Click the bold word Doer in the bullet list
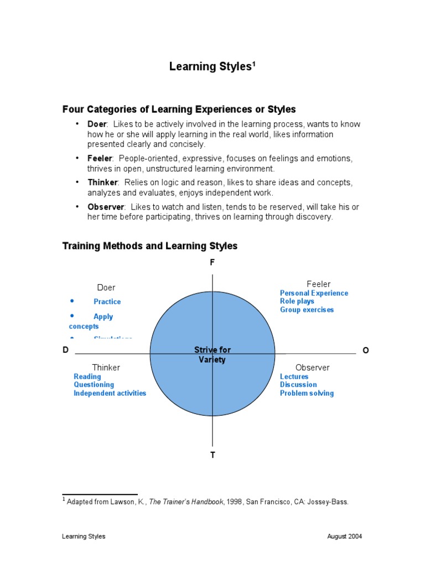(96, 124)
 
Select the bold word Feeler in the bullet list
(100, 159)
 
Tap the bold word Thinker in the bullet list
(102, 182)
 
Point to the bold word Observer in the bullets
(106, 207)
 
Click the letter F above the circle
(212, 263)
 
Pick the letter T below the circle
(212, 455)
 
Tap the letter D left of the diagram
(66, 350)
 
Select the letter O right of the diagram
(365, 350)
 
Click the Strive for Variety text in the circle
(212, 355)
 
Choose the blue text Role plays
(297, 301)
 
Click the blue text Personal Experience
(314, 293)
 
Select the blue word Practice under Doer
(107, 302)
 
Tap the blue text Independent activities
(110, 393)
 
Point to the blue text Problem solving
(307, 393)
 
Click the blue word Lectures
(294, 376)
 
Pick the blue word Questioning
(94, 385)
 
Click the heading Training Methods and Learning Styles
(150, 246)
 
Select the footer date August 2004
(345, 536)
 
